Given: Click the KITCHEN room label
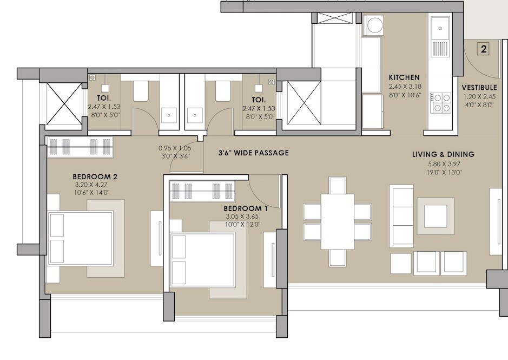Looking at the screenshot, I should (404, 77).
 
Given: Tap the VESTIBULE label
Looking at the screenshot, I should (479, 88).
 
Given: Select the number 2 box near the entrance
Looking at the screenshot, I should (484, 49).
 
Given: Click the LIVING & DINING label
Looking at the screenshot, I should (443, 154).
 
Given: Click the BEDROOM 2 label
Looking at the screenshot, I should (95, 176).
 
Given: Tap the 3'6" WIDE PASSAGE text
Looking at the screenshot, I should (253, 153).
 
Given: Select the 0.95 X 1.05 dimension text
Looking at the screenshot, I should (175, 148).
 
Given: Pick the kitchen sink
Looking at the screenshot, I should (439, 26).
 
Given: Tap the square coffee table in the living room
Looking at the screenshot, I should (435, 216).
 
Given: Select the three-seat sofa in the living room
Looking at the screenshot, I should (401, 216).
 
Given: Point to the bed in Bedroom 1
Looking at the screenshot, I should (202, 260).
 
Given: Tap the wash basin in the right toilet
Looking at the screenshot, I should (195, 115).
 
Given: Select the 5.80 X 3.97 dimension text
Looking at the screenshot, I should (443, 164).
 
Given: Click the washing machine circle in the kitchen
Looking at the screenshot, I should (373, 25).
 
